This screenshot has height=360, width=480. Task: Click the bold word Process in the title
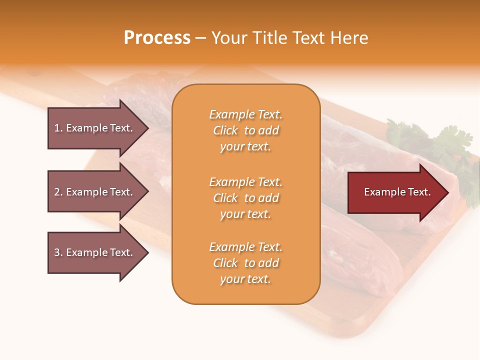(157, 38)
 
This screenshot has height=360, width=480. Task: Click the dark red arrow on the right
(395, 192)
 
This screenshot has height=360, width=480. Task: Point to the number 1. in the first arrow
(58, 128)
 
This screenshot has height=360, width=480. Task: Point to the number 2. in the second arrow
(58, 192)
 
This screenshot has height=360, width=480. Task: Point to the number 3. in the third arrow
(58, 252)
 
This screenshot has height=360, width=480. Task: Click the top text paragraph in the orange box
(245, 130)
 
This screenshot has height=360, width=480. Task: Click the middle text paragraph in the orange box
(245, 198)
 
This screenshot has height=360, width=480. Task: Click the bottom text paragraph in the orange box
(245, 263)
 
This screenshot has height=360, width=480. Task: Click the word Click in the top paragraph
(225, 130)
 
